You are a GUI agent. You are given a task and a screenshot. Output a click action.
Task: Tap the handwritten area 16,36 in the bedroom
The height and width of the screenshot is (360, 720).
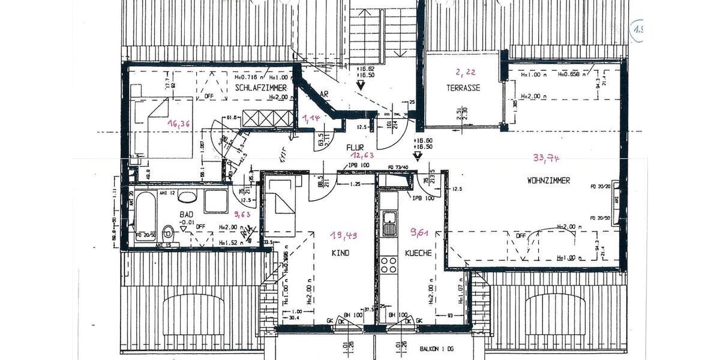(x=179, y=125)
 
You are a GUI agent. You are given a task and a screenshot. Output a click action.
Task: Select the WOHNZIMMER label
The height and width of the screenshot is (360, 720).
(x=548, y=180)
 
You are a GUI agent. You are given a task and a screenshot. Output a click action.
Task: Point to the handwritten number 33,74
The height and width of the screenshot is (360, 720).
(x=546, y=158)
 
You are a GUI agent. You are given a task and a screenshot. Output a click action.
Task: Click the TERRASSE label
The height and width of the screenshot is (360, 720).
(x=463, y=88)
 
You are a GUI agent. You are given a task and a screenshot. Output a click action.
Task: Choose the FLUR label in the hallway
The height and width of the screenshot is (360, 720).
(x=354, y=146)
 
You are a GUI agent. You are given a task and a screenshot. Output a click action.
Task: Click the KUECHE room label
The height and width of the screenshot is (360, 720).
(x=418, y=253)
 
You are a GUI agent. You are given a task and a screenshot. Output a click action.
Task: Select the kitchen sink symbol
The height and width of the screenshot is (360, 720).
(x=390, y=223)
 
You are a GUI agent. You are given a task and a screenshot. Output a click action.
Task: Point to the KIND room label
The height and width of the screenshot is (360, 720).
(x=340, y=253)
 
